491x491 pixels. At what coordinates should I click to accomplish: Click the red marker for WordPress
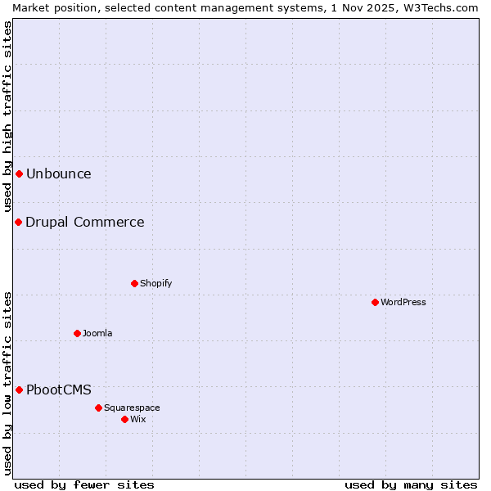(x=375, y=302)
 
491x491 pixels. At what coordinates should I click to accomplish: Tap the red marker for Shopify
(x=134, y=283)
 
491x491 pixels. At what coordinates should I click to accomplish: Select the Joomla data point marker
(x=77, y=333)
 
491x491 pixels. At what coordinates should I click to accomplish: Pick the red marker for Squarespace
(x=98, y=408)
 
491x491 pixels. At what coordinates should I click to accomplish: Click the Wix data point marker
(x=124, y=419)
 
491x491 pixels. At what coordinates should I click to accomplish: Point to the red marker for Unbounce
(x=19, y=173)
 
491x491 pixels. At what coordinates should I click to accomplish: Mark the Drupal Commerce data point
(x=18, y=222)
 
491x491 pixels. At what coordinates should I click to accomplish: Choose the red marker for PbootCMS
(x=19, y=390)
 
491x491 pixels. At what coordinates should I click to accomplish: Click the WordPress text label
(x=403, y=302)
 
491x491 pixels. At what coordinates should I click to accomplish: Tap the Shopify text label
(x=155, y=283)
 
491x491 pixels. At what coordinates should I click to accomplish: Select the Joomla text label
(x=97, y=333)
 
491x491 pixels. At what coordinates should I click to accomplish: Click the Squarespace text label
(x=132, y=408)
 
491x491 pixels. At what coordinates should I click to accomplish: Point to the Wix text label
(x=137, y=419)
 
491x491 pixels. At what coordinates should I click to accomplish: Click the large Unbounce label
(x=58, y=173)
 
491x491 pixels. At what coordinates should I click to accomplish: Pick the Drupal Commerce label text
(x=84, y=222)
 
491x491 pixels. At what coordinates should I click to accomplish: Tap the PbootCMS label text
(x=58, y=390)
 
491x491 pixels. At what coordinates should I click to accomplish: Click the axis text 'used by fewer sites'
(x=84, y=484)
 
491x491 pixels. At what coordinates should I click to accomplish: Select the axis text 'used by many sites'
(x=411, y=484)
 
